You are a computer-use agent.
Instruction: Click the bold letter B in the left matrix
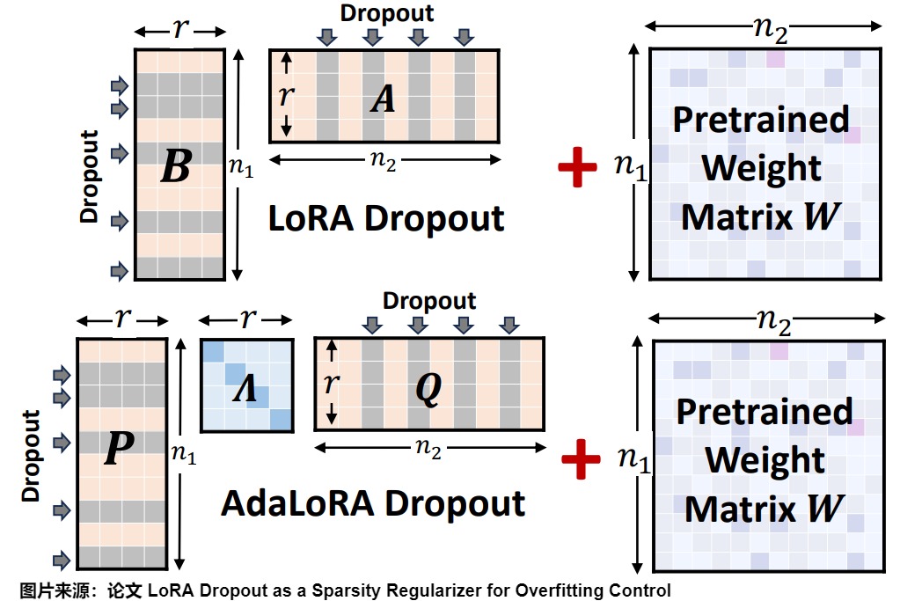point(176,165)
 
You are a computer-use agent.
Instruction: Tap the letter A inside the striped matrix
point(383,99)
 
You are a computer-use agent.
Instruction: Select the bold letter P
point(120,447)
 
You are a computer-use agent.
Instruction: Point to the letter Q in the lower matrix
point(428,388)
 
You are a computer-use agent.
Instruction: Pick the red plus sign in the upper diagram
point(577,167)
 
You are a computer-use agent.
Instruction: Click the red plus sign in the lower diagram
point(581,459)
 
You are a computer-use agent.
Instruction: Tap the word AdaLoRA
point(298,503)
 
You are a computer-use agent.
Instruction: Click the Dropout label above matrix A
point(387,13)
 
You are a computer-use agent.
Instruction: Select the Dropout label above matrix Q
point(429,301)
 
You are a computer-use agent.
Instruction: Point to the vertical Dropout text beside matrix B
point(90,176)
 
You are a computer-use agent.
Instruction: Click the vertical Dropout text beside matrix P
point(31,456)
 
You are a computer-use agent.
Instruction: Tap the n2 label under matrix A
point(383,159)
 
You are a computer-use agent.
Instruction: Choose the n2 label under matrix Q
point(428,447)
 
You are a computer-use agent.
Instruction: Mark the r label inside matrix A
point(286,95)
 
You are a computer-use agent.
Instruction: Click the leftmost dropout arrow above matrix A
point(327,37)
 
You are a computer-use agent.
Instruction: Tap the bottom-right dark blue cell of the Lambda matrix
point(282,419)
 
